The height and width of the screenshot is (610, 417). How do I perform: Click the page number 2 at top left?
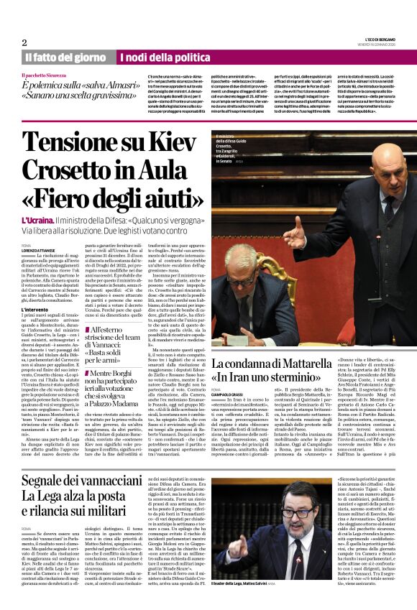tap(24, 42)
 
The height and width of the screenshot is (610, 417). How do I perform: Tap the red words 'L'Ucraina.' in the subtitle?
tap(40, 219)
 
